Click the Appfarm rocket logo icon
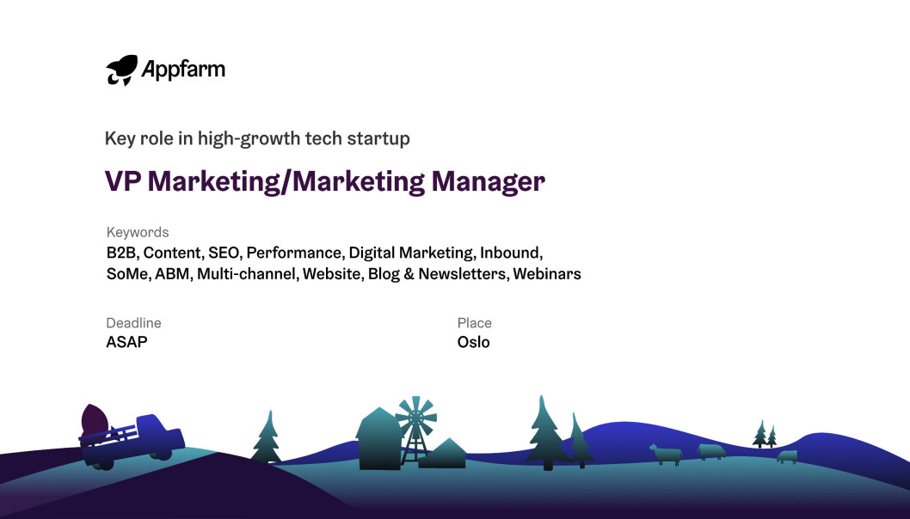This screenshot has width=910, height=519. tap(122, 70)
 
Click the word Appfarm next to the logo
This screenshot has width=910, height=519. tap(183, 70)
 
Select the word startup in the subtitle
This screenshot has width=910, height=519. tap(378, 139)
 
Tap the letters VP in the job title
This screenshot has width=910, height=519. tap(123, 181)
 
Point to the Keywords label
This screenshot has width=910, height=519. tap(138, 232)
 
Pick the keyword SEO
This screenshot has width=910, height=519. tap(224, 253)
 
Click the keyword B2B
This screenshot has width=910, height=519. tap(120, 253)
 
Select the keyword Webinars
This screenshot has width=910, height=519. tap(547, 274)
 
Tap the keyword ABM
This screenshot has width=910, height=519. tap(172, 274)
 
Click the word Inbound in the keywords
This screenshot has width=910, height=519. tap(511, 253)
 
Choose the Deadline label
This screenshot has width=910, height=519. tap(133, 323)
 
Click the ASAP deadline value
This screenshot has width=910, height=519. tap(127, 342)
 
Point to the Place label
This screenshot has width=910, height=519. tap(474, 323)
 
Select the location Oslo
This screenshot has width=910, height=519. tap(474, 342)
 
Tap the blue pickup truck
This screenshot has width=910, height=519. tap(132, 442)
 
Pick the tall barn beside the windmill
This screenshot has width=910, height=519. tap(379, 438)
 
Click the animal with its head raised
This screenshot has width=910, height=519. tap(665, 455)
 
